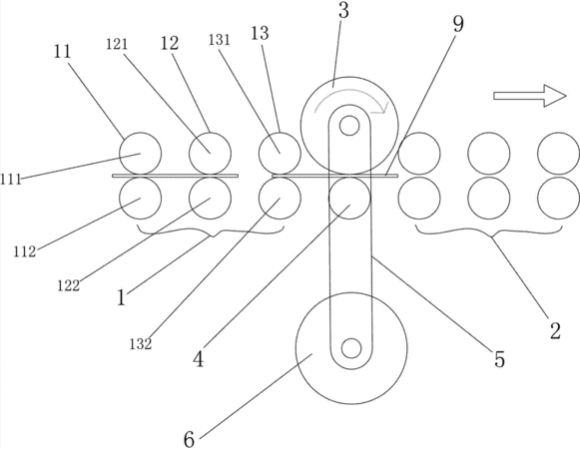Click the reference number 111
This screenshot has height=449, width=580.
(x=11, y=180)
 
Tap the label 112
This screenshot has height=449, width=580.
(x=25, y=251)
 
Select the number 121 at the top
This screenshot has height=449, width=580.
(x=117, y=44)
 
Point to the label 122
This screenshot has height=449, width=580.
(x=69, y=285)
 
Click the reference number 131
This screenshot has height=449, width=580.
(x=219, y=40)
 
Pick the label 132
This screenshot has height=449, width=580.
(x=141, y=343)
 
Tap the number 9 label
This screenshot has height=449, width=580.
(x=458, y=24)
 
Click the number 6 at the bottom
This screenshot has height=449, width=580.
(x=189, y=439)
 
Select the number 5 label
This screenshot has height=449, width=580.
(x=499, y=358)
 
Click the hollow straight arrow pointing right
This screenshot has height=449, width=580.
(x=530, y=96)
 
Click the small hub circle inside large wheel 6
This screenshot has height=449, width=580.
(x=351, y=348)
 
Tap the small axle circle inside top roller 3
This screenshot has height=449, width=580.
(x=348, y=126)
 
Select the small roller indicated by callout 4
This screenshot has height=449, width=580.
(x=349, y=199)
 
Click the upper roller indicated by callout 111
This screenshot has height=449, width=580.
(x=140, y=153)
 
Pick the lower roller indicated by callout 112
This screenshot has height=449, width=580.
(x=140, y=199)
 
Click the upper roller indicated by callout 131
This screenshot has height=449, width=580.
(x=280, y=153)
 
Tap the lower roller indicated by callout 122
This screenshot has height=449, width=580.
(x=210, y=199)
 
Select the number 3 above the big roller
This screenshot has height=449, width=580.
(x=343, y=10)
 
